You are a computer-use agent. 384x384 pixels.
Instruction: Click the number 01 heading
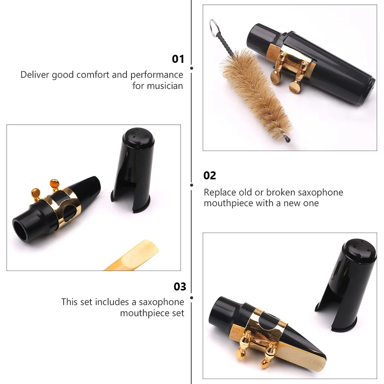point(178,59)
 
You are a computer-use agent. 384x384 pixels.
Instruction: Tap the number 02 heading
point(210,176)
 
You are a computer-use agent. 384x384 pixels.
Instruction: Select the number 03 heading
point(180,287)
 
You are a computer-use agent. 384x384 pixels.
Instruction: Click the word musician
point(158,86)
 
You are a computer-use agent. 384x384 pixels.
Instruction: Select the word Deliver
point(34,75)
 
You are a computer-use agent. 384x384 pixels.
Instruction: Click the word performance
point(157,75)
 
